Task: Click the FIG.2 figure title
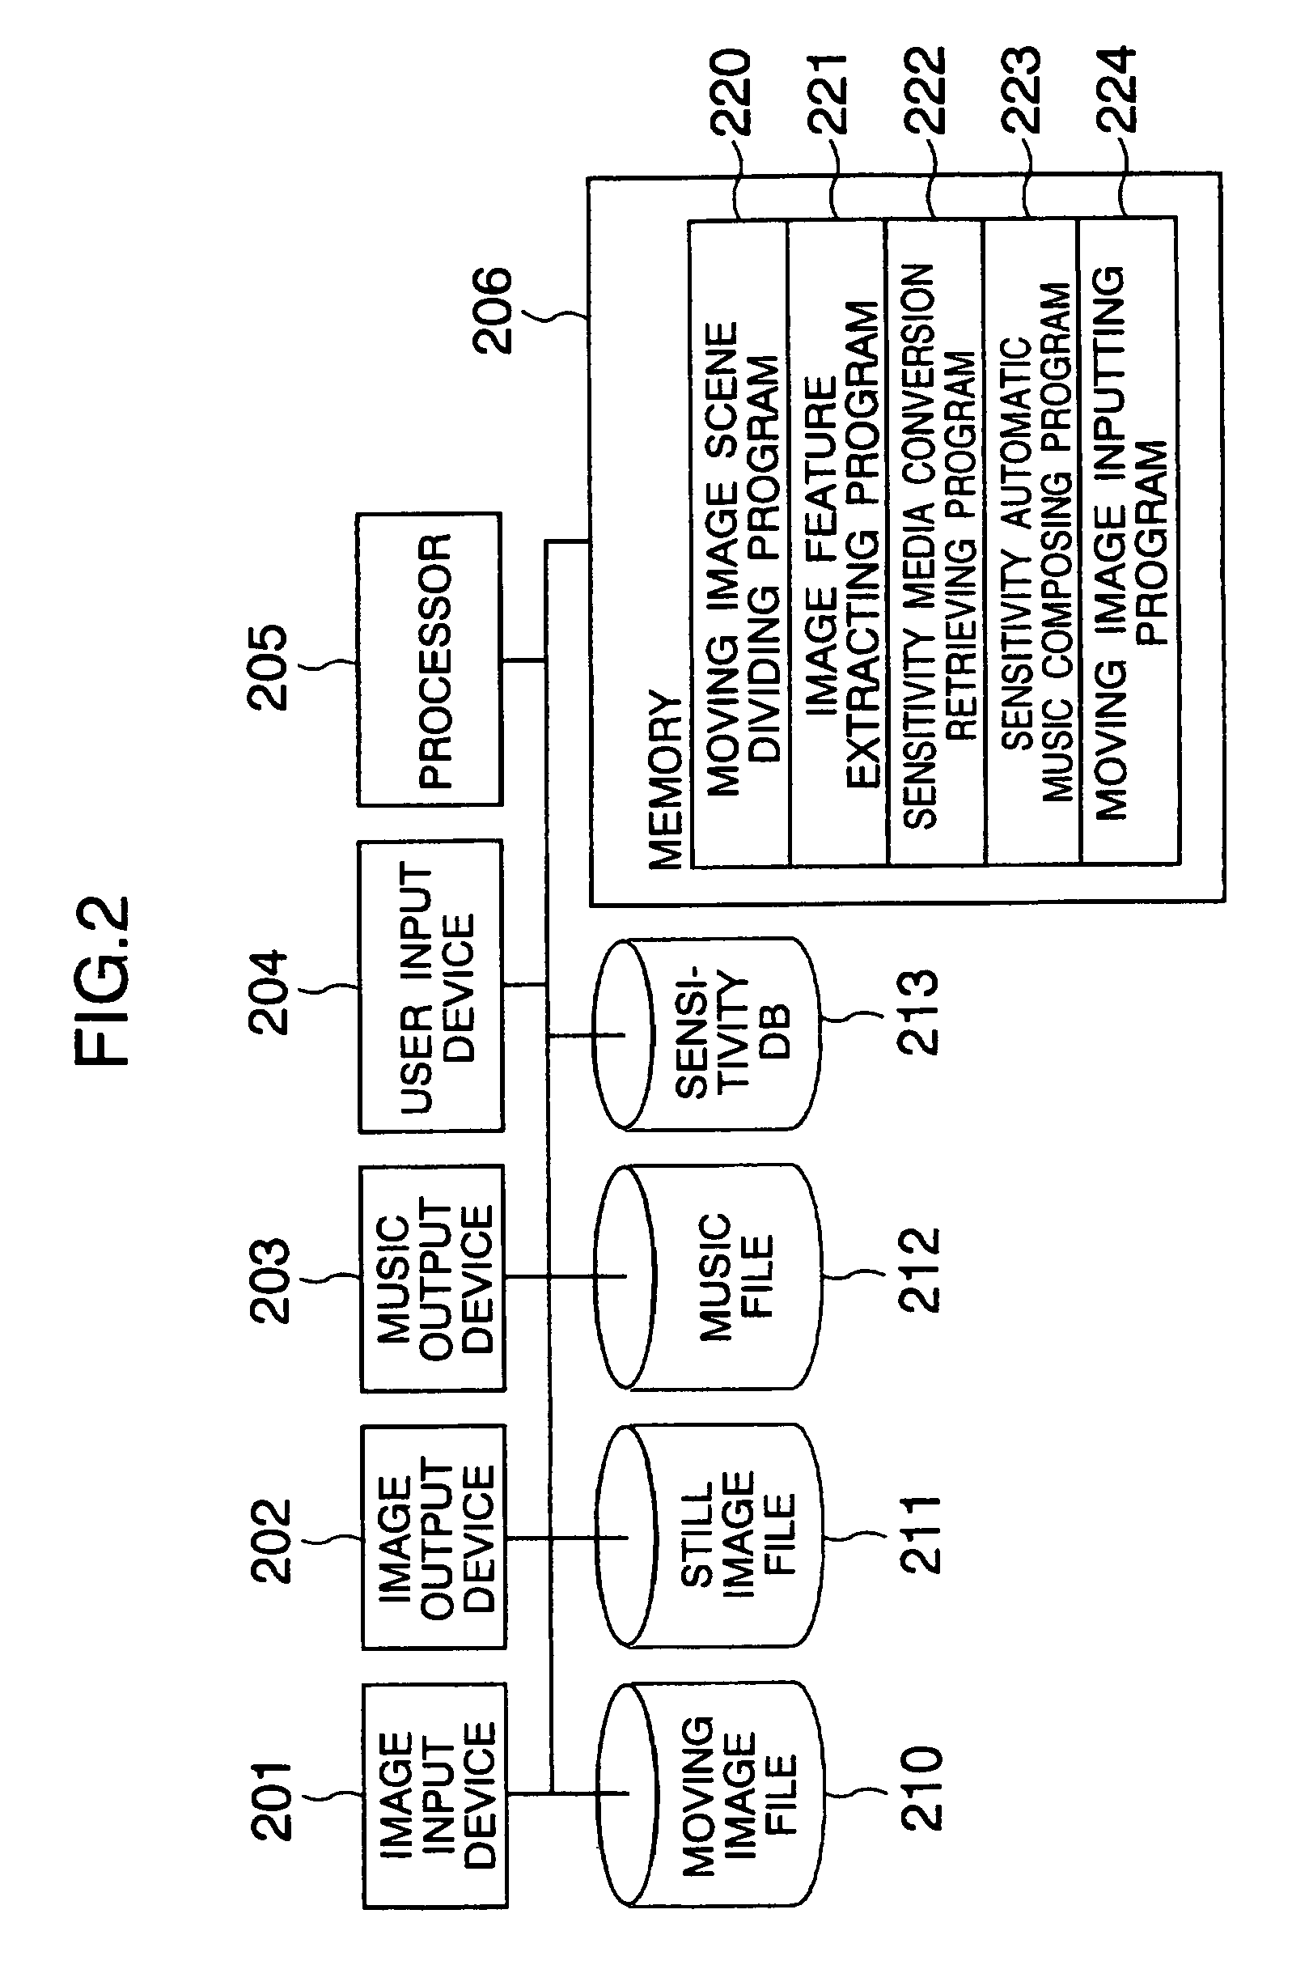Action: [103, 980]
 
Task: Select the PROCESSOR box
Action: [430, 660]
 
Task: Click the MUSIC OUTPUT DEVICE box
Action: [434, 1279]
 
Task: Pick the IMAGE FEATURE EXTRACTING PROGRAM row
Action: [838, 543]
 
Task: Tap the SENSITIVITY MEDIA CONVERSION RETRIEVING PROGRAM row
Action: [936, 543]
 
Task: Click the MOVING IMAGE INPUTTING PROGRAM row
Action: [1129, 543]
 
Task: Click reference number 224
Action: [1116, 88]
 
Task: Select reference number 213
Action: [918, 1012]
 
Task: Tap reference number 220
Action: [731, 91]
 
